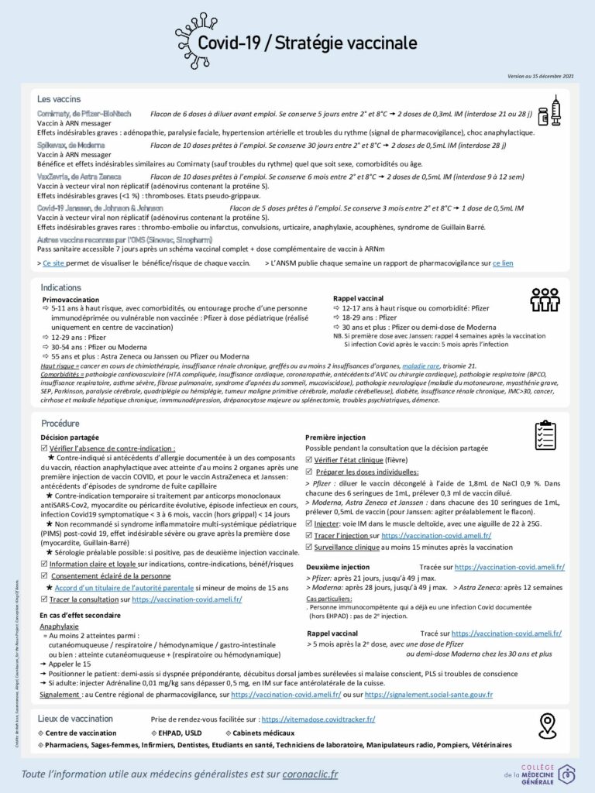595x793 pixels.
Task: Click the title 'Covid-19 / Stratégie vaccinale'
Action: click(x=307, y=43)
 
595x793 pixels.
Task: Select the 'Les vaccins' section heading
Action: click(x=60, y=99)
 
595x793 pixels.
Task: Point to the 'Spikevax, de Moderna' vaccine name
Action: click(x=76, y=145)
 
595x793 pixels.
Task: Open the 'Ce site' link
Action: click(x=57, y=263)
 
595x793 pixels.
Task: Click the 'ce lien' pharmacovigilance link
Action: click(x=503, y=263)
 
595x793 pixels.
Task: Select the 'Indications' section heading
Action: click(x=61, y=287)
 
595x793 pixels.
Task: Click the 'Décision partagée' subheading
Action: click(x=69, y=438)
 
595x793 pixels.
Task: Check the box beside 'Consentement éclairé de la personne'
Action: click(x=44, y=576)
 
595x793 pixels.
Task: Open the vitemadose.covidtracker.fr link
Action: click(x=318, y=719)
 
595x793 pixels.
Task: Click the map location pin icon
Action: click(x=548, y=726)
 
